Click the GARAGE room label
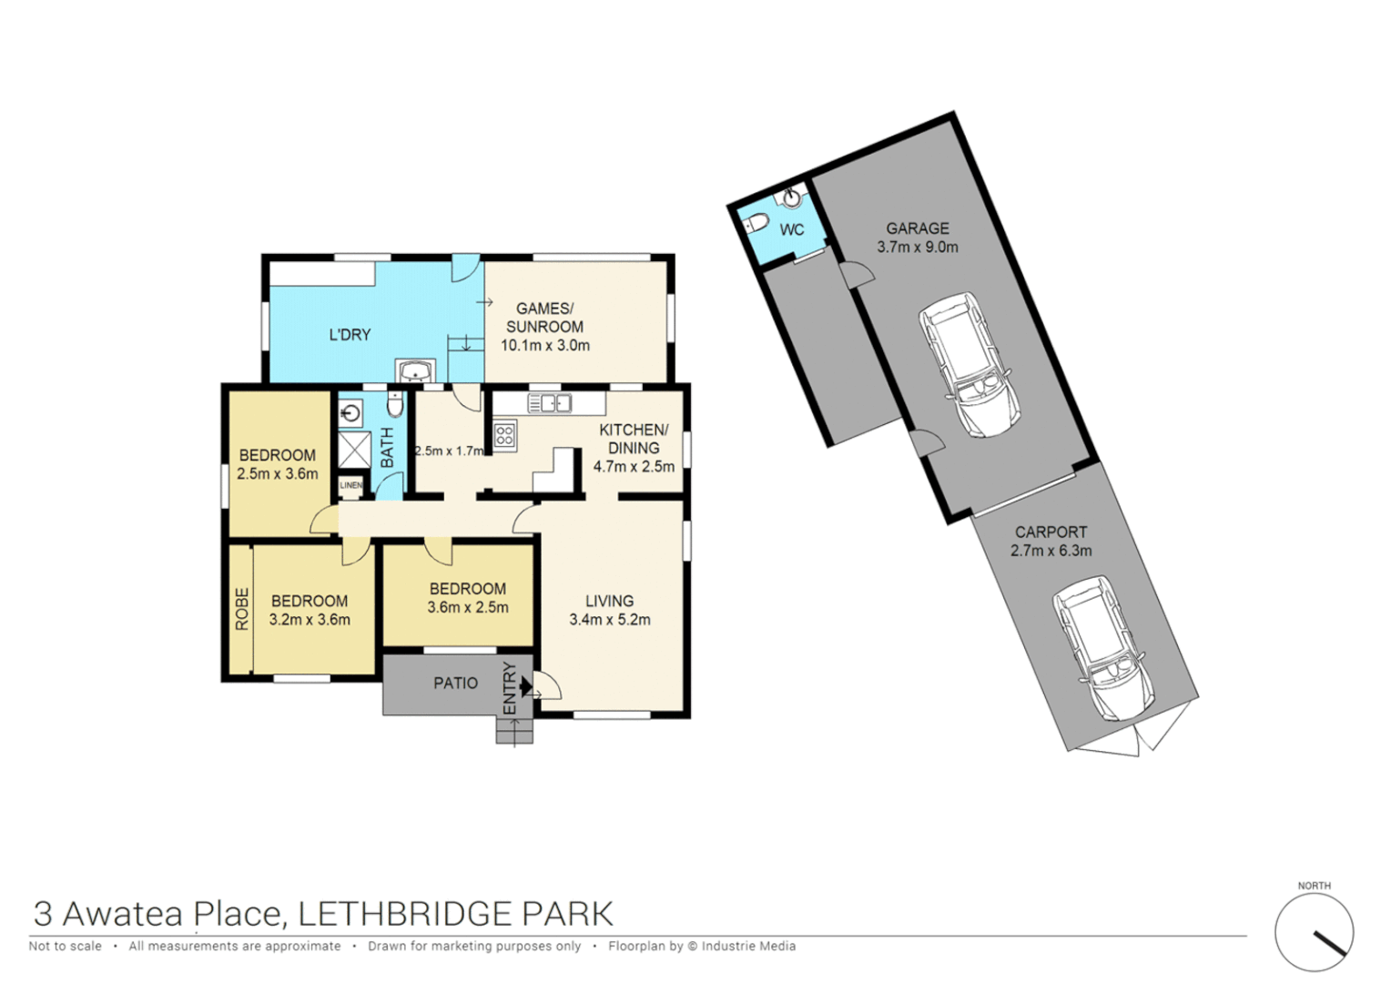[x=917, y=228]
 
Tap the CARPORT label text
[x=1051, y=532]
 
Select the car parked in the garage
[x=968, y=363]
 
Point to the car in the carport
[x=1102, y=646]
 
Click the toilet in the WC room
[x=755, y=223]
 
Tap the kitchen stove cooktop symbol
[x=504, y=435]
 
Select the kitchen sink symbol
[x=549, y=402]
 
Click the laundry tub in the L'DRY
[x=415, y=371]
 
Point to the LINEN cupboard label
[x=350, y=485]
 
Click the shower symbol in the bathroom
[x=354, y=450]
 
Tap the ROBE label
[x=241, y=609]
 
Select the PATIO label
[x=455, y=684]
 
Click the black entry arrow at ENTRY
[x=525, y=685]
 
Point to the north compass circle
[x=1314, y=933]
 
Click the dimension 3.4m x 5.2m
[x=609, y=620]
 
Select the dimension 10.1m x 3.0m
[x=545, y=346]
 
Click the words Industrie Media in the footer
[x=748, y=947]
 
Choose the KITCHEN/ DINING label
[x=634, y=439]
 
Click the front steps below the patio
[x=514, y=731]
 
